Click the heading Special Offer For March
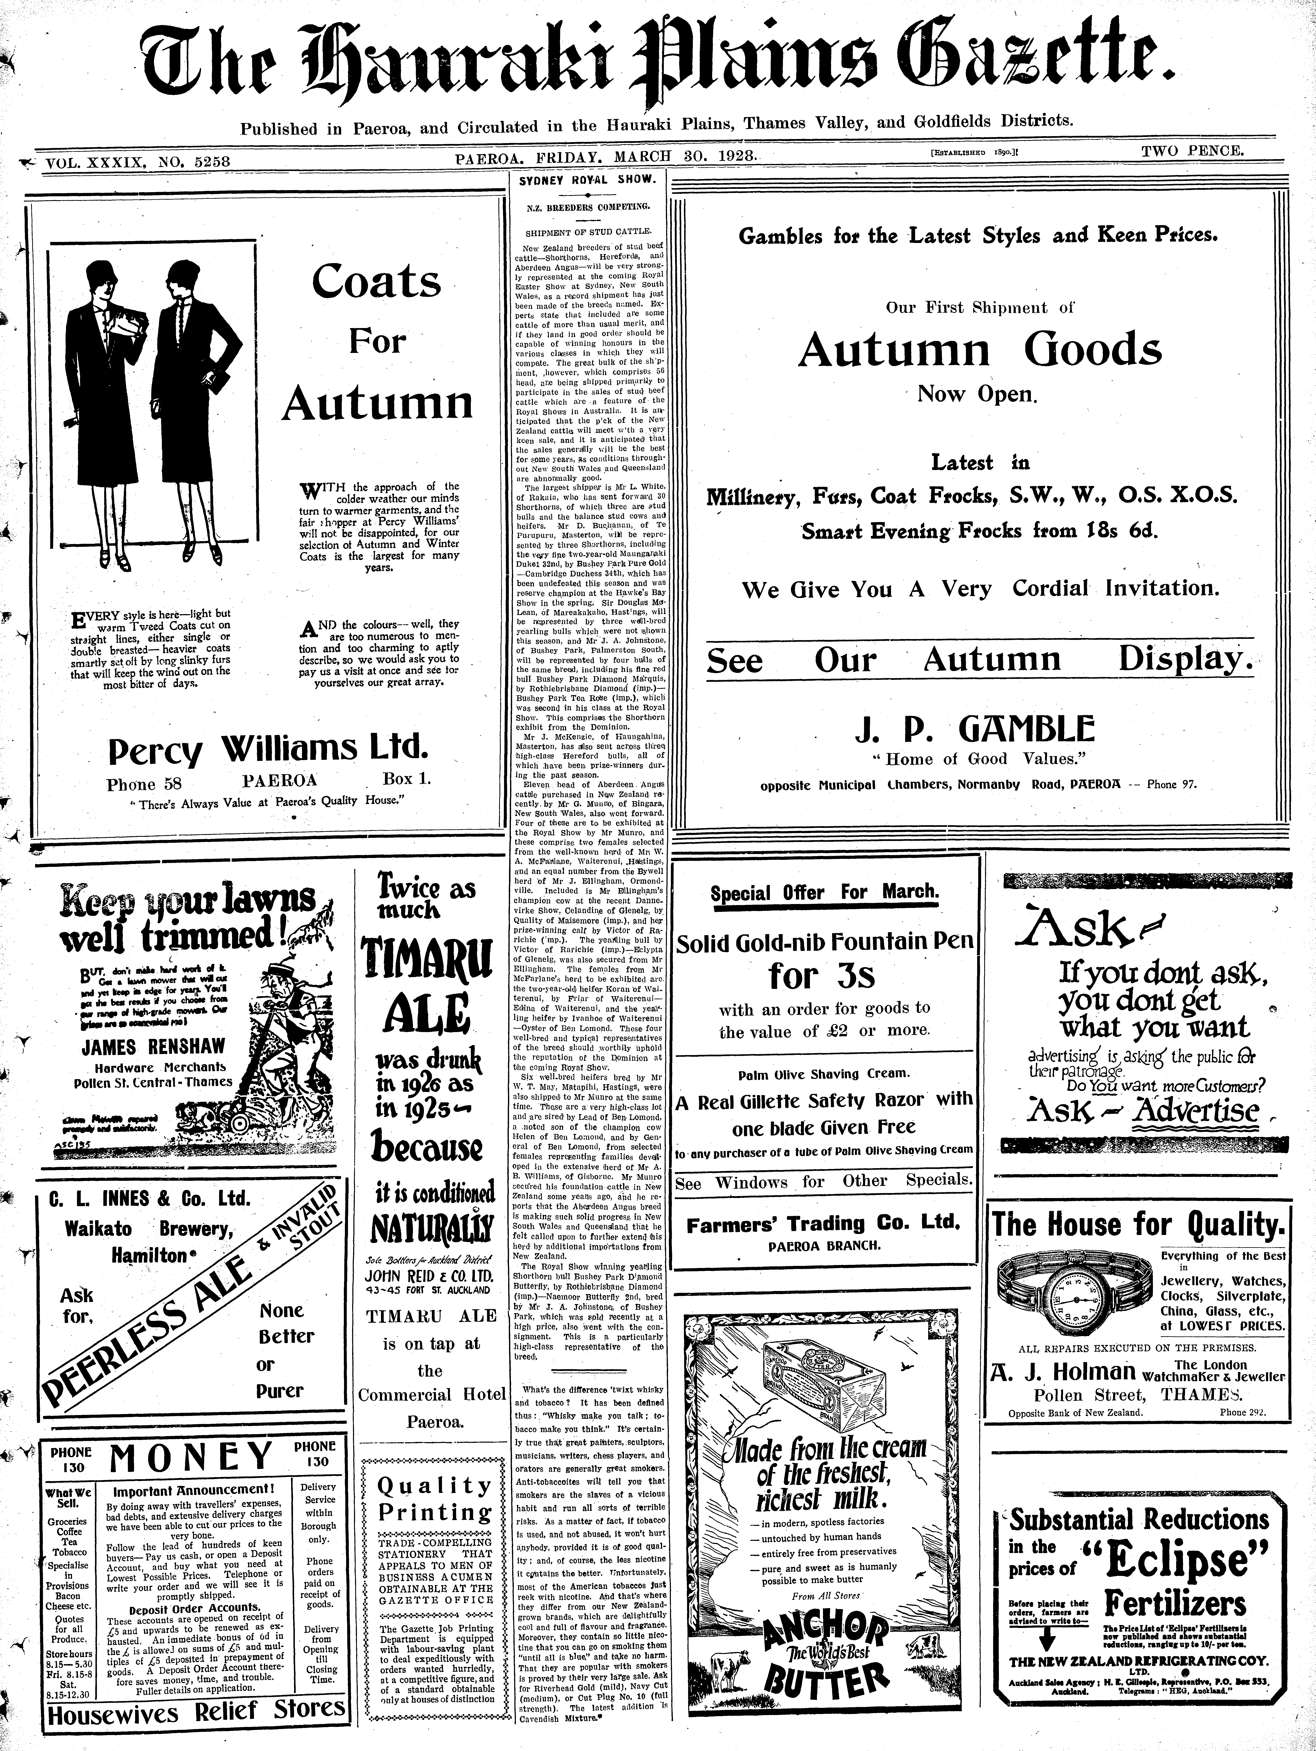pyautogui.click(x=824, y=892)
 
